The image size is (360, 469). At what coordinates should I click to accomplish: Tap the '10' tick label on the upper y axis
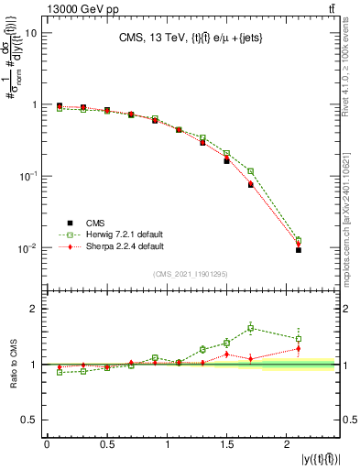point(30,33)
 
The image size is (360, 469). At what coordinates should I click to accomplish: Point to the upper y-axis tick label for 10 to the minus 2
point(27,248)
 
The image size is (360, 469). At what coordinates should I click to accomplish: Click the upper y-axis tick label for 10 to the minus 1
point(27,176)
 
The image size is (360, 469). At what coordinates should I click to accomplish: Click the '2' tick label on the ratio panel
point(33,309)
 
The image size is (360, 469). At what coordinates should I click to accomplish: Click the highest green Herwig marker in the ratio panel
point(251,328)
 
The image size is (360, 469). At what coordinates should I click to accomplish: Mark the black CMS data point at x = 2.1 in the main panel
point(299,250)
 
